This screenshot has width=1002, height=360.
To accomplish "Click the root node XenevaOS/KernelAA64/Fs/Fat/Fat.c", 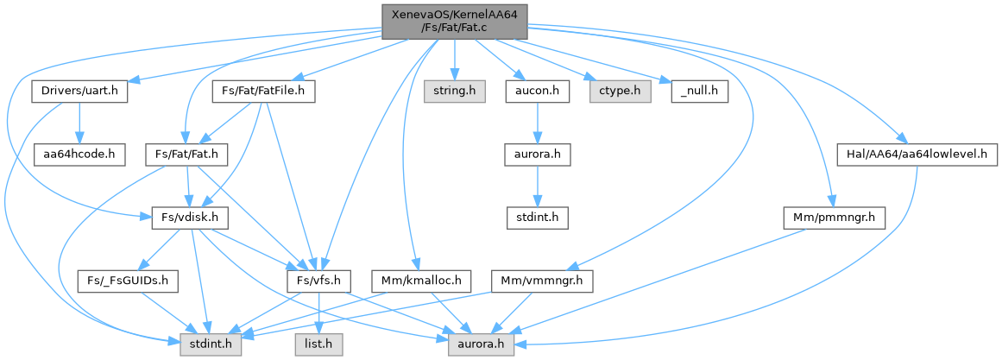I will pos(455,20).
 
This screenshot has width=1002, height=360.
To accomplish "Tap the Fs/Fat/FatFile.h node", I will pos(264,92).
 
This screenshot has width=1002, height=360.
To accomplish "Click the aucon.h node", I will pos(537,92).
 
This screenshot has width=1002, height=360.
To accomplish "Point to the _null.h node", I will pos(700,92).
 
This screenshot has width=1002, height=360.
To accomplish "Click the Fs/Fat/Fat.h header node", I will pos(186,155).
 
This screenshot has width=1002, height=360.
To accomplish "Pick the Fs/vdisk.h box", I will pos(186,218).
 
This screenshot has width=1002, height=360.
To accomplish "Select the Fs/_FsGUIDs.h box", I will pos(128,281).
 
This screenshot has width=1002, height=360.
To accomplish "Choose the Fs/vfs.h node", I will pos(319,281).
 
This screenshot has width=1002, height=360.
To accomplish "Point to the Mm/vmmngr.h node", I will pos(542,281).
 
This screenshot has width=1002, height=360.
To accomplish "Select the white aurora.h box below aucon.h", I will pos(537,155).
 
